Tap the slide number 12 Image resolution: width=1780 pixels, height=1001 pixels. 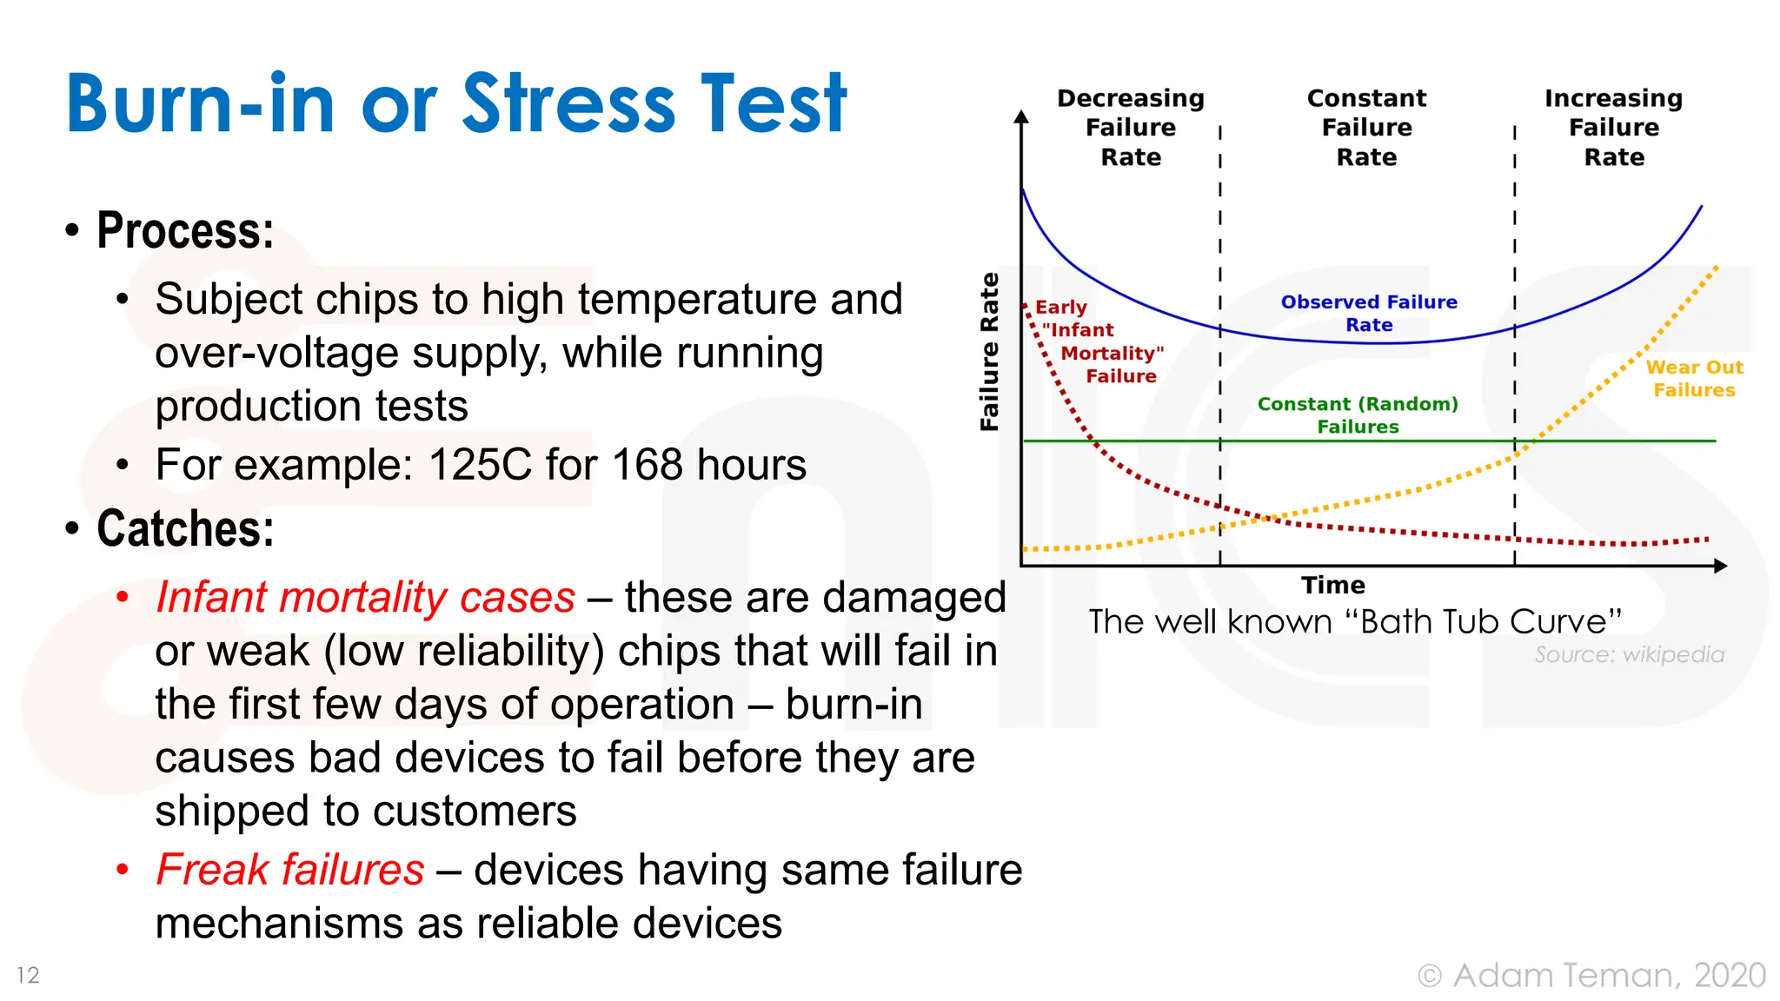(x=28, y=975)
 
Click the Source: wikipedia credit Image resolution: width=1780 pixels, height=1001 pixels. (x=1629, y=654)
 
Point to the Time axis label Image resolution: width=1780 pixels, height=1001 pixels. (x=1332, y=585)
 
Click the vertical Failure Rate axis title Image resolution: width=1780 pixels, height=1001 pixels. (x=989, y=351)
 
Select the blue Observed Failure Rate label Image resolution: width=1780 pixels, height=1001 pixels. (x=1369, y=313)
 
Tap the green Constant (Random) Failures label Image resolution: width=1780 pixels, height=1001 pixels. (x=1358, y=414)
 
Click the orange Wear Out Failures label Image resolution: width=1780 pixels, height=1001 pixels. (x=1694, y=378)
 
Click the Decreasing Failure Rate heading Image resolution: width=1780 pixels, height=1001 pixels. (x=1130, y=127)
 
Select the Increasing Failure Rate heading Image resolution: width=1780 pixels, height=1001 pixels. (x=1613, y=127)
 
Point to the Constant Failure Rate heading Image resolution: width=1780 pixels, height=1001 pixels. (x=1366, y=127)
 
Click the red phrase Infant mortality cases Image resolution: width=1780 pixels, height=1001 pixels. (x=365, y=597)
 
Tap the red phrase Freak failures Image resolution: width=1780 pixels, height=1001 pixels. (x=289, y=869)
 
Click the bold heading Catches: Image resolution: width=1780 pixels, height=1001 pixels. (x=185, y=528)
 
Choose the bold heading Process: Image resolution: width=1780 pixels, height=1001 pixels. (x=185, y=231)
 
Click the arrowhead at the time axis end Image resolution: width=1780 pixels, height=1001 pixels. (x=1720, y=567)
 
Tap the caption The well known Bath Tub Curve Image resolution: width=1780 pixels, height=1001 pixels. (x=1355, y=621)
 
